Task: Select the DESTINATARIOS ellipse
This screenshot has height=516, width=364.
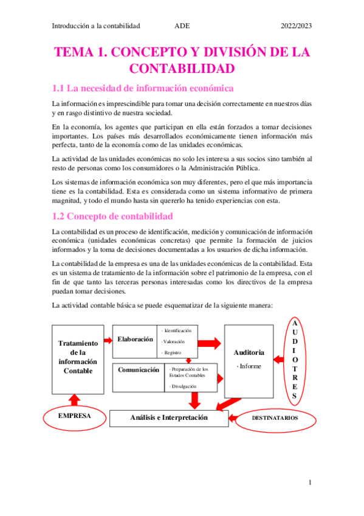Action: tap(274, 419)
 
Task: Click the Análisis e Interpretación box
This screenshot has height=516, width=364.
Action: tap(169, 418)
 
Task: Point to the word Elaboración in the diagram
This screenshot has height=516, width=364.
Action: tap(136, 340)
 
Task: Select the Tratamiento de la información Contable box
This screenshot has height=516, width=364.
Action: tap(78, 358)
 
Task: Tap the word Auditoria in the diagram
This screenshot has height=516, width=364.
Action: tap(249, 352)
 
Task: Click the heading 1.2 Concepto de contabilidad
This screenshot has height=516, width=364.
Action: tap(112, 216)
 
